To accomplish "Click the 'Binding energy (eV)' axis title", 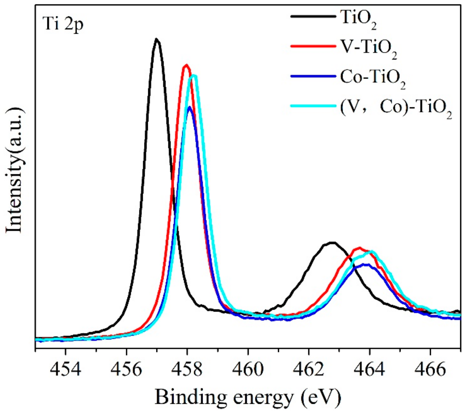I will pyautogui.click(x=248, y=397).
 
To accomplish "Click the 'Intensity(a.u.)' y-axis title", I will pyautogui.click(x=15, y=170).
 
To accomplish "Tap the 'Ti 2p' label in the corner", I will pyautogui.click(x=63, y=25).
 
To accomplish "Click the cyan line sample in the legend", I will pyautogui.click(x=313, y=106).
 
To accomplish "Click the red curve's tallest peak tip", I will pyautogui.click(x=186, y=65).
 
